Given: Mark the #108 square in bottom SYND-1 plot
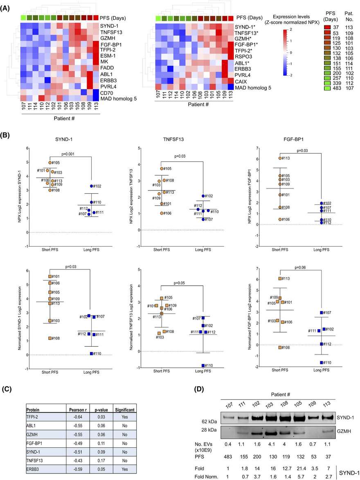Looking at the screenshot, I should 50,339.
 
